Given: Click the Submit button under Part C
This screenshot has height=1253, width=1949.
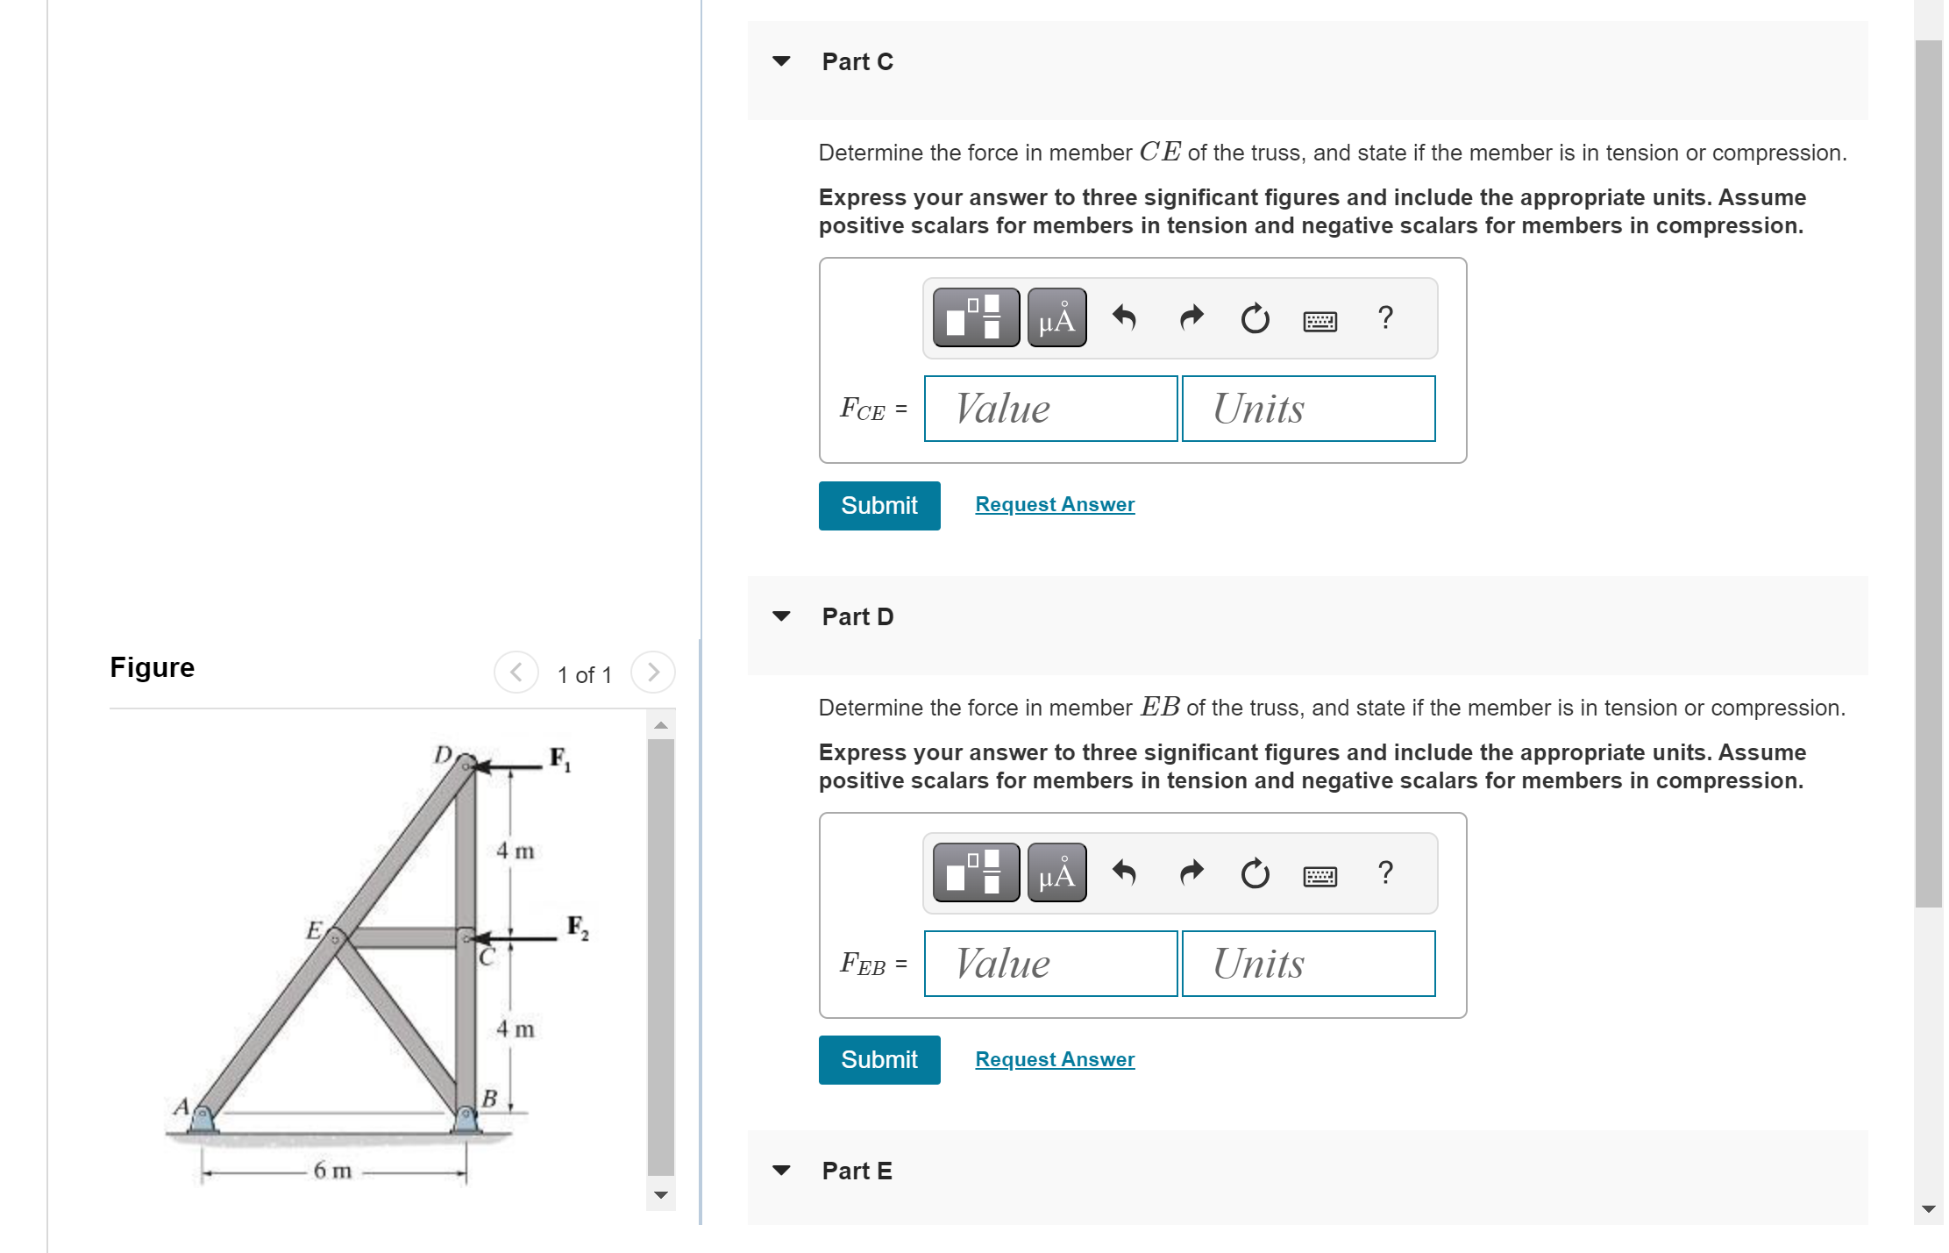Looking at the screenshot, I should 878,505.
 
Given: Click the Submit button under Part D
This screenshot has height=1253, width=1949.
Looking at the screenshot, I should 878,1059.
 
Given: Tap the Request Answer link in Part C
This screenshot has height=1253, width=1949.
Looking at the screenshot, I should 1054,504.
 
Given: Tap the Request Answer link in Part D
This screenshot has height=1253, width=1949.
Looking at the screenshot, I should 1054,1059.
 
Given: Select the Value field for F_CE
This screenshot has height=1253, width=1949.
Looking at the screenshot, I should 1049,409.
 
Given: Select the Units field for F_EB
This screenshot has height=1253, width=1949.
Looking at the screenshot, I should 1307,964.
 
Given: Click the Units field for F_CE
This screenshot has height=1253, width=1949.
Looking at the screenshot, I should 1307,409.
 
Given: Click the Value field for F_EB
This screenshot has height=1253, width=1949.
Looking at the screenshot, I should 1049,964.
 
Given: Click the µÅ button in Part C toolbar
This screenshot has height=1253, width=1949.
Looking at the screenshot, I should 1056,317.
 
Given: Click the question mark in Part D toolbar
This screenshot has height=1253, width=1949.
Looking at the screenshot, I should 1384,872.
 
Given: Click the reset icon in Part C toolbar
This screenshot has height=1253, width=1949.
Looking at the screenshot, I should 1254,317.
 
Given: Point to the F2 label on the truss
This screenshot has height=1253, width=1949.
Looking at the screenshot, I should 577,927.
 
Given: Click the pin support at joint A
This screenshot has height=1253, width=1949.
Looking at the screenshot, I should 203,1119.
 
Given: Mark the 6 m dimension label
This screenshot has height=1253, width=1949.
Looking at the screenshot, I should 332,1171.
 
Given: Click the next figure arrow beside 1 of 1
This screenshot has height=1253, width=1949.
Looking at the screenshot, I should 652,673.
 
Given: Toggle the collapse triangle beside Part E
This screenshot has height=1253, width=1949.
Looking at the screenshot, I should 781,1171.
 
